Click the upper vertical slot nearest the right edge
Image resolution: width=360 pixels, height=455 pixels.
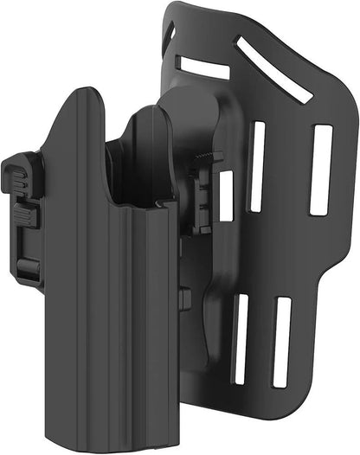[x=321, y=170]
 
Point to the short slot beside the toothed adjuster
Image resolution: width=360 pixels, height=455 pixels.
[x=227, y=195]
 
